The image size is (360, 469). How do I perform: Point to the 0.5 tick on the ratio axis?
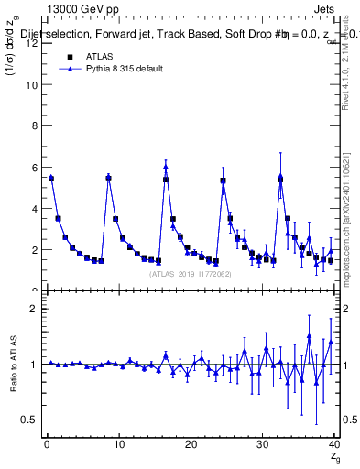point(33,420)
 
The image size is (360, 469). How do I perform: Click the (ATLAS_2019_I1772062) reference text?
point(190,273)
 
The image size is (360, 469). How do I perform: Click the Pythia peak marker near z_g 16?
point(166,167)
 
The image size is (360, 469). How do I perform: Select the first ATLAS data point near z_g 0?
point(51,179)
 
